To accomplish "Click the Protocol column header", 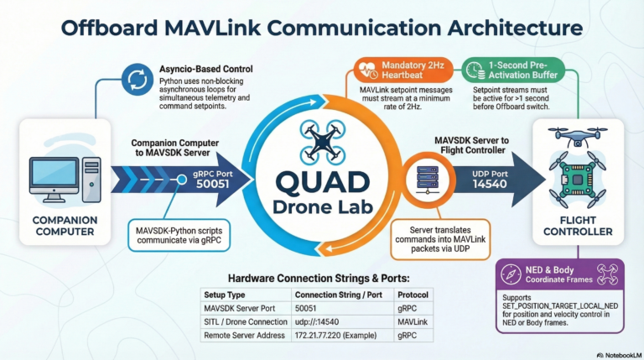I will pyautogui.click(x=413, y=295).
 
